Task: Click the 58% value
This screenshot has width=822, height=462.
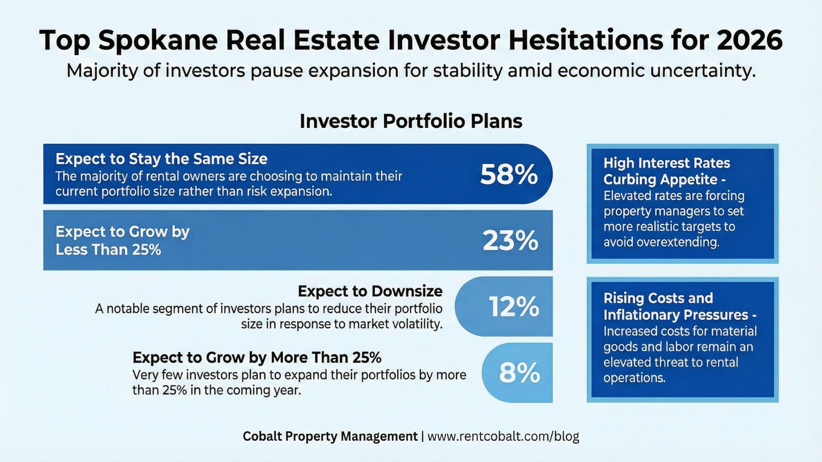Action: (x=509, y=174)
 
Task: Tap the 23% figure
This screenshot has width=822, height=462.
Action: (x=510, y=241)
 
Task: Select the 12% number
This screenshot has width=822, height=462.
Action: (x=514, y=307)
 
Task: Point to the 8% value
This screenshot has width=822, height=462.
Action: (x=519, y=373)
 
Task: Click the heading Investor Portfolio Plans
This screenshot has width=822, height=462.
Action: (x=411, y=121)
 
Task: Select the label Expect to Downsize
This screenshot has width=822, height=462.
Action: (x=370, y=291)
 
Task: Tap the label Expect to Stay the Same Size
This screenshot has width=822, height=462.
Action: (x=161, y=159)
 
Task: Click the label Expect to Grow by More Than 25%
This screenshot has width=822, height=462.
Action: (x=257, y=357)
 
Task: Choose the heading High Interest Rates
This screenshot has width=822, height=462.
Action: (x=666, y=163)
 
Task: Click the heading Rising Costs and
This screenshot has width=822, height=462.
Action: (x=658, y=298)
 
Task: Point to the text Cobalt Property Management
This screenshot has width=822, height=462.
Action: (x=330, y=436)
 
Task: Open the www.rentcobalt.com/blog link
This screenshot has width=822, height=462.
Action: (x=503, y=436)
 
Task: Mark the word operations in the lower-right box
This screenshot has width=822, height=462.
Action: (x=634, y=378)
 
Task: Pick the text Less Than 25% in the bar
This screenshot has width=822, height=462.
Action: (x=108, y=250)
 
